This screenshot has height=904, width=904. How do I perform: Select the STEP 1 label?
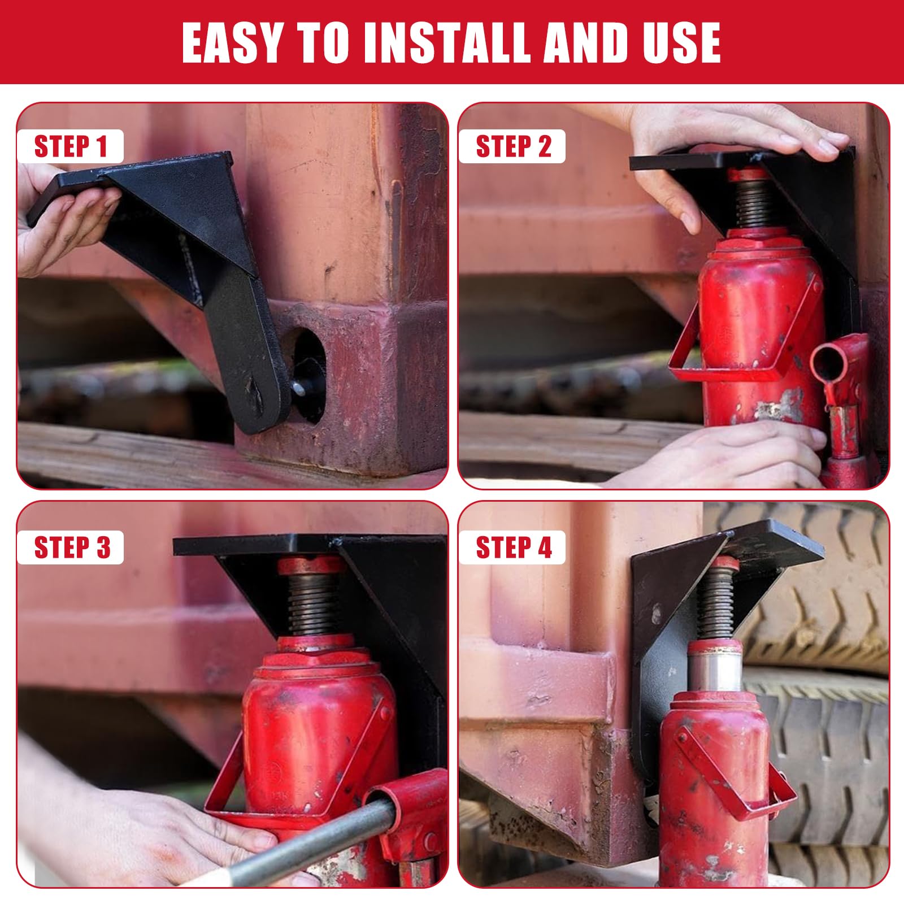[x=71, y=146]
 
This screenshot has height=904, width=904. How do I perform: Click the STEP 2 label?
[x=512, y=146]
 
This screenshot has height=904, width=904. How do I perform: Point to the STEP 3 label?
[x=71, y=547]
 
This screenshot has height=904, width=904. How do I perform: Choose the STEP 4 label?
[x=512, y=547]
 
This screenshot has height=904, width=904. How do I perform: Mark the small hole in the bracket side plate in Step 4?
[x=656, y=612]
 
